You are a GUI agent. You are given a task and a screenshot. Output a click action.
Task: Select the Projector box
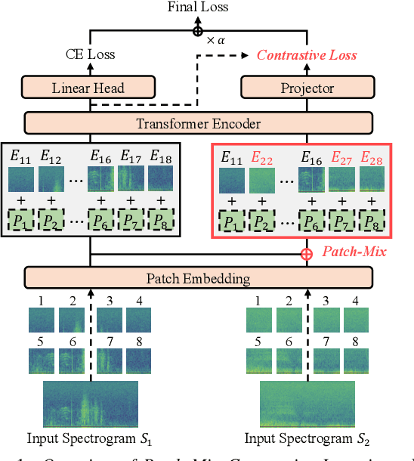[x=307, y=88]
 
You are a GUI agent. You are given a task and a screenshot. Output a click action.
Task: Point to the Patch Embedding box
[x=199, y=279]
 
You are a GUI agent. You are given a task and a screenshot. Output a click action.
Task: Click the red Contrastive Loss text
[x=307, y=55]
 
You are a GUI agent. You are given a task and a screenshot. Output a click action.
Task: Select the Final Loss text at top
[x=198, y=8]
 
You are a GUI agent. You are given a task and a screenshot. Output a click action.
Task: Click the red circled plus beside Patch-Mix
[x=307, y=253]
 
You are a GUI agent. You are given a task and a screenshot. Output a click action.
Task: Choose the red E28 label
[x=370, y=157]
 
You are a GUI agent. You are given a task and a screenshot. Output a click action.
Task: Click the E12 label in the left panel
[x=52, y=157]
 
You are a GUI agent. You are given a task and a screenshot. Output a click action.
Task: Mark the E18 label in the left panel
[x=161, y=157]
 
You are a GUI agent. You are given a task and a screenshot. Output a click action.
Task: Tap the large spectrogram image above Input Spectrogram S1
[x=90, y=404]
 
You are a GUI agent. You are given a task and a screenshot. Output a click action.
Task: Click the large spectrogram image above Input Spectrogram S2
[x=307, y=404]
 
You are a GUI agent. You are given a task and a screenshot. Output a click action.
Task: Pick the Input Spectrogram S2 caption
[x=307, y=438]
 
